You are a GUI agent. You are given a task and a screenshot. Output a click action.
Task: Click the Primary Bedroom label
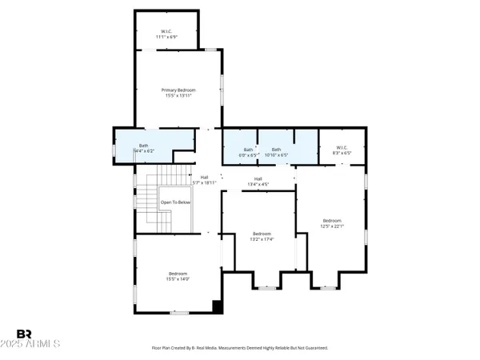point(178,90)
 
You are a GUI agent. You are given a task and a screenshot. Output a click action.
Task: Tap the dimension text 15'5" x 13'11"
point(178,97)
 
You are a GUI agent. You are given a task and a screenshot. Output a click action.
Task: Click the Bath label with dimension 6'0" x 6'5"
point(248,150)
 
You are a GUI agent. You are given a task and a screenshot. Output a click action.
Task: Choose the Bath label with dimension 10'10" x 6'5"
point(276,150)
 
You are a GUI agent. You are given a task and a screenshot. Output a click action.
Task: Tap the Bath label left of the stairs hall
point(144,135)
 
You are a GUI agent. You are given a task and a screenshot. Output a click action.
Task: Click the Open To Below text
point(174,202)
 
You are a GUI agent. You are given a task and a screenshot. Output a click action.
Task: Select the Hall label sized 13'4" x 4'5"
point(258,178)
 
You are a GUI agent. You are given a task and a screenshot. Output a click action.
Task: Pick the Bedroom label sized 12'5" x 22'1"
point(332,221)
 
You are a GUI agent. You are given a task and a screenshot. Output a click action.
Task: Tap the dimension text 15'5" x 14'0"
point(178,279)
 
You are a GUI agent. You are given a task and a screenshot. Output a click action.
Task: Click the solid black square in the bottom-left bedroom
point(216,306)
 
